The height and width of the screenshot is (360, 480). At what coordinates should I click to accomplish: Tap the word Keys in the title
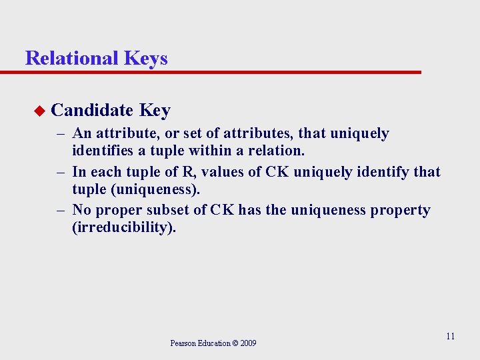pos(145,59)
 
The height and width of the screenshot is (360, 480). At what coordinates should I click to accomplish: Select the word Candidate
pos(92,110)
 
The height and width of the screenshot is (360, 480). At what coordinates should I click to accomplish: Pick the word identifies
pos(103,151)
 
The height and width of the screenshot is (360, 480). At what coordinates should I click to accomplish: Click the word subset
pos(171,210)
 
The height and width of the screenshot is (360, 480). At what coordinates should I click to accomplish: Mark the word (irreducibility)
pos(124,228)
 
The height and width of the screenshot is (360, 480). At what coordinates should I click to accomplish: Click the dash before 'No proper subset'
pos(60,210)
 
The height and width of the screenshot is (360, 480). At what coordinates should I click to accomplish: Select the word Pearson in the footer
pos(183,343)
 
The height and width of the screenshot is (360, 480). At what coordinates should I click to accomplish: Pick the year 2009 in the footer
pos(247,343)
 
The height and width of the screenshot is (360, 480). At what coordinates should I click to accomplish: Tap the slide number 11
pos(450,336)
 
